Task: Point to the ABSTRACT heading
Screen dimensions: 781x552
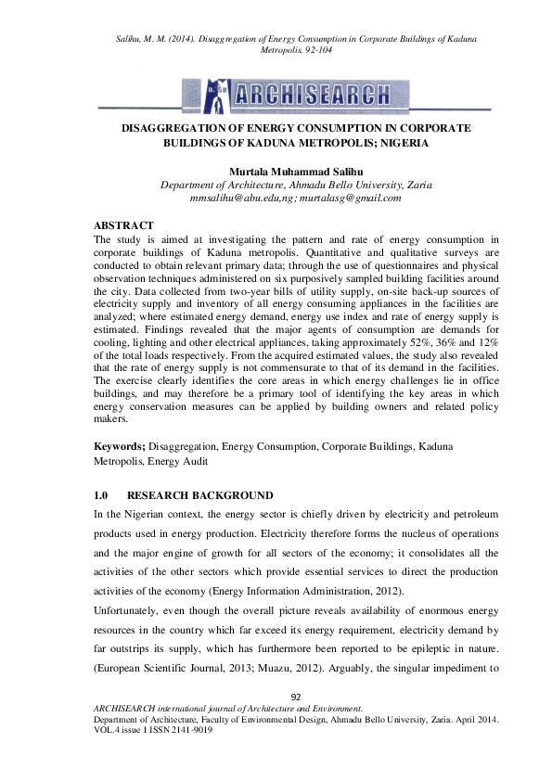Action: point(124,225)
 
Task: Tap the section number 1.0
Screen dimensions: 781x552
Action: point(103,495)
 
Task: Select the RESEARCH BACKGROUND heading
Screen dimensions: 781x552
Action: point(200,495)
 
